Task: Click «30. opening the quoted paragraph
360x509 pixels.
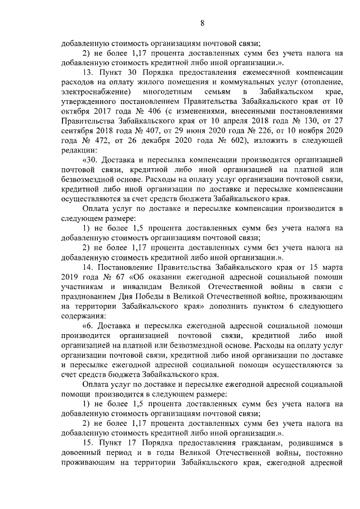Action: (91, 160)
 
